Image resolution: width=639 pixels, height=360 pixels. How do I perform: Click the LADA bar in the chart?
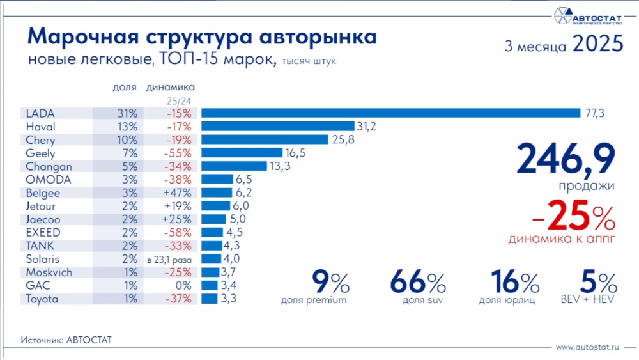point(390,113)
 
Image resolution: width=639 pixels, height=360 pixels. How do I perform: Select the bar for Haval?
point(277,127)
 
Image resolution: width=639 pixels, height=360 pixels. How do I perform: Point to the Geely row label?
point(40,153)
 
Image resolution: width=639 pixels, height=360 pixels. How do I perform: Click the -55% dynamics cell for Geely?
point(173,153)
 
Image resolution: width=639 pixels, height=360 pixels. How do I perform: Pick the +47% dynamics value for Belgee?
point(173,193)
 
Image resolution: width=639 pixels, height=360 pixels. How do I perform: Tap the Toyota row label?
point(42,299)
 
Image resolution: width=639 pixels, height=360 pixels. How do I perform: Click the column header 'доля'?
point(124,87)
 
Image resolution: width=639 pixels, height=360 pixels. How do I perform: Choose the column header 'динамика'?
point(171,87)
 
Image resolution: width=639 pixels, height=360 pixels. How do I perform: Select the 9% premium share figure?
point(330,282)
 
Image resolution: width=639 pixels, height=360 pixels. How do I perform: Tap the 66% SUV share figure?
point(418,282)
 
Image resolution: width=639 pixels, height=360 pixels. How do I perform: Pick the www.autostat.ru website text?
point(588,347)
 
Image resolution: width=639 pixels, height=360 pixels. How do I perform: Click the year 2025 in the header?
point(597,44)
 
